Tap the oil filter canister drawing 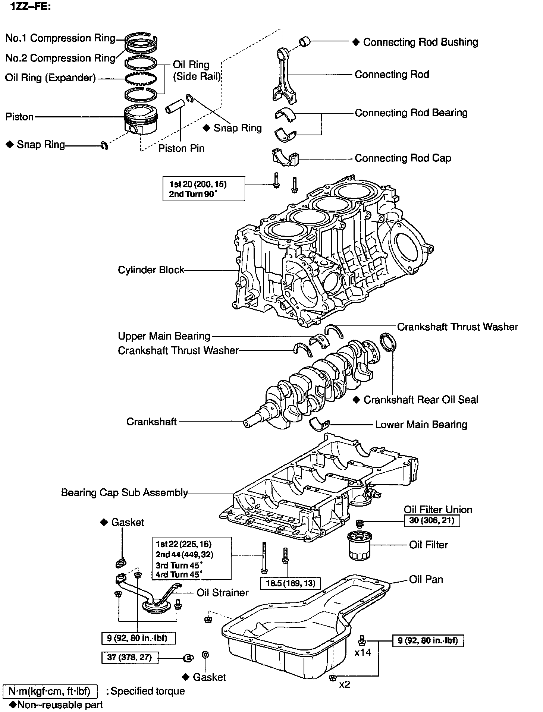pyautogui.click(x=360, y=546)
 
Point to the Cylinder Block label pyautogui.click(x=151, y=270)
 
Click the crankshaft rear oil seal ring pyautogui.click(x=387, y=342)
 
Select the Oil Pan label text pyautogui.click(x=426, y=579)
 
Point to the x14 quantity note pyautogui.click(x=362, y=652)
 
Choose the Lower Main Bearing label pyautogui.click(x=421, y=425)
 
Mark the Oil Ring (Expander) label pyautogui.click(x=50, y=78)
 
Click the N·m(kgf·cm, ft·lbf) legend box pyautogui.click(x=50, y=691)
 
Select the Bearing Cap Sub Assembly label pyautogui.click(x=124, y=493)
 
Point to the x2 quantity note pyautogui.click(x=345, y=684)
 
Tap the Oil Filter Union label pyautogui.click(x=438, y=510)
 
